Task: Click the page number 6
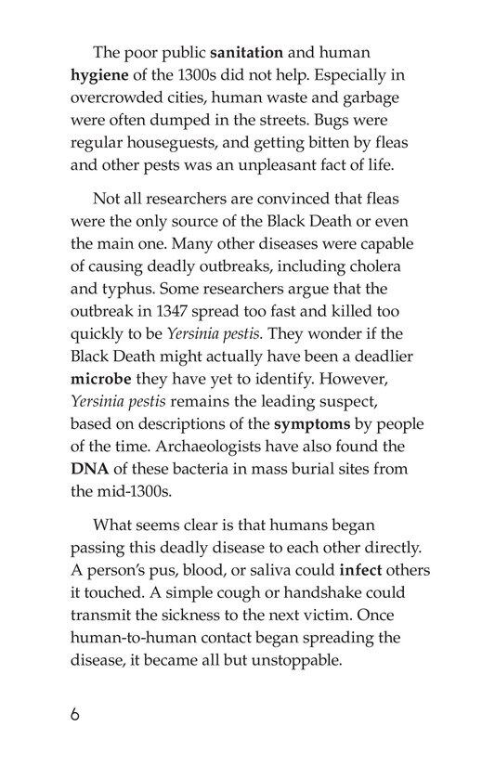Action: pos(75,716)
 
